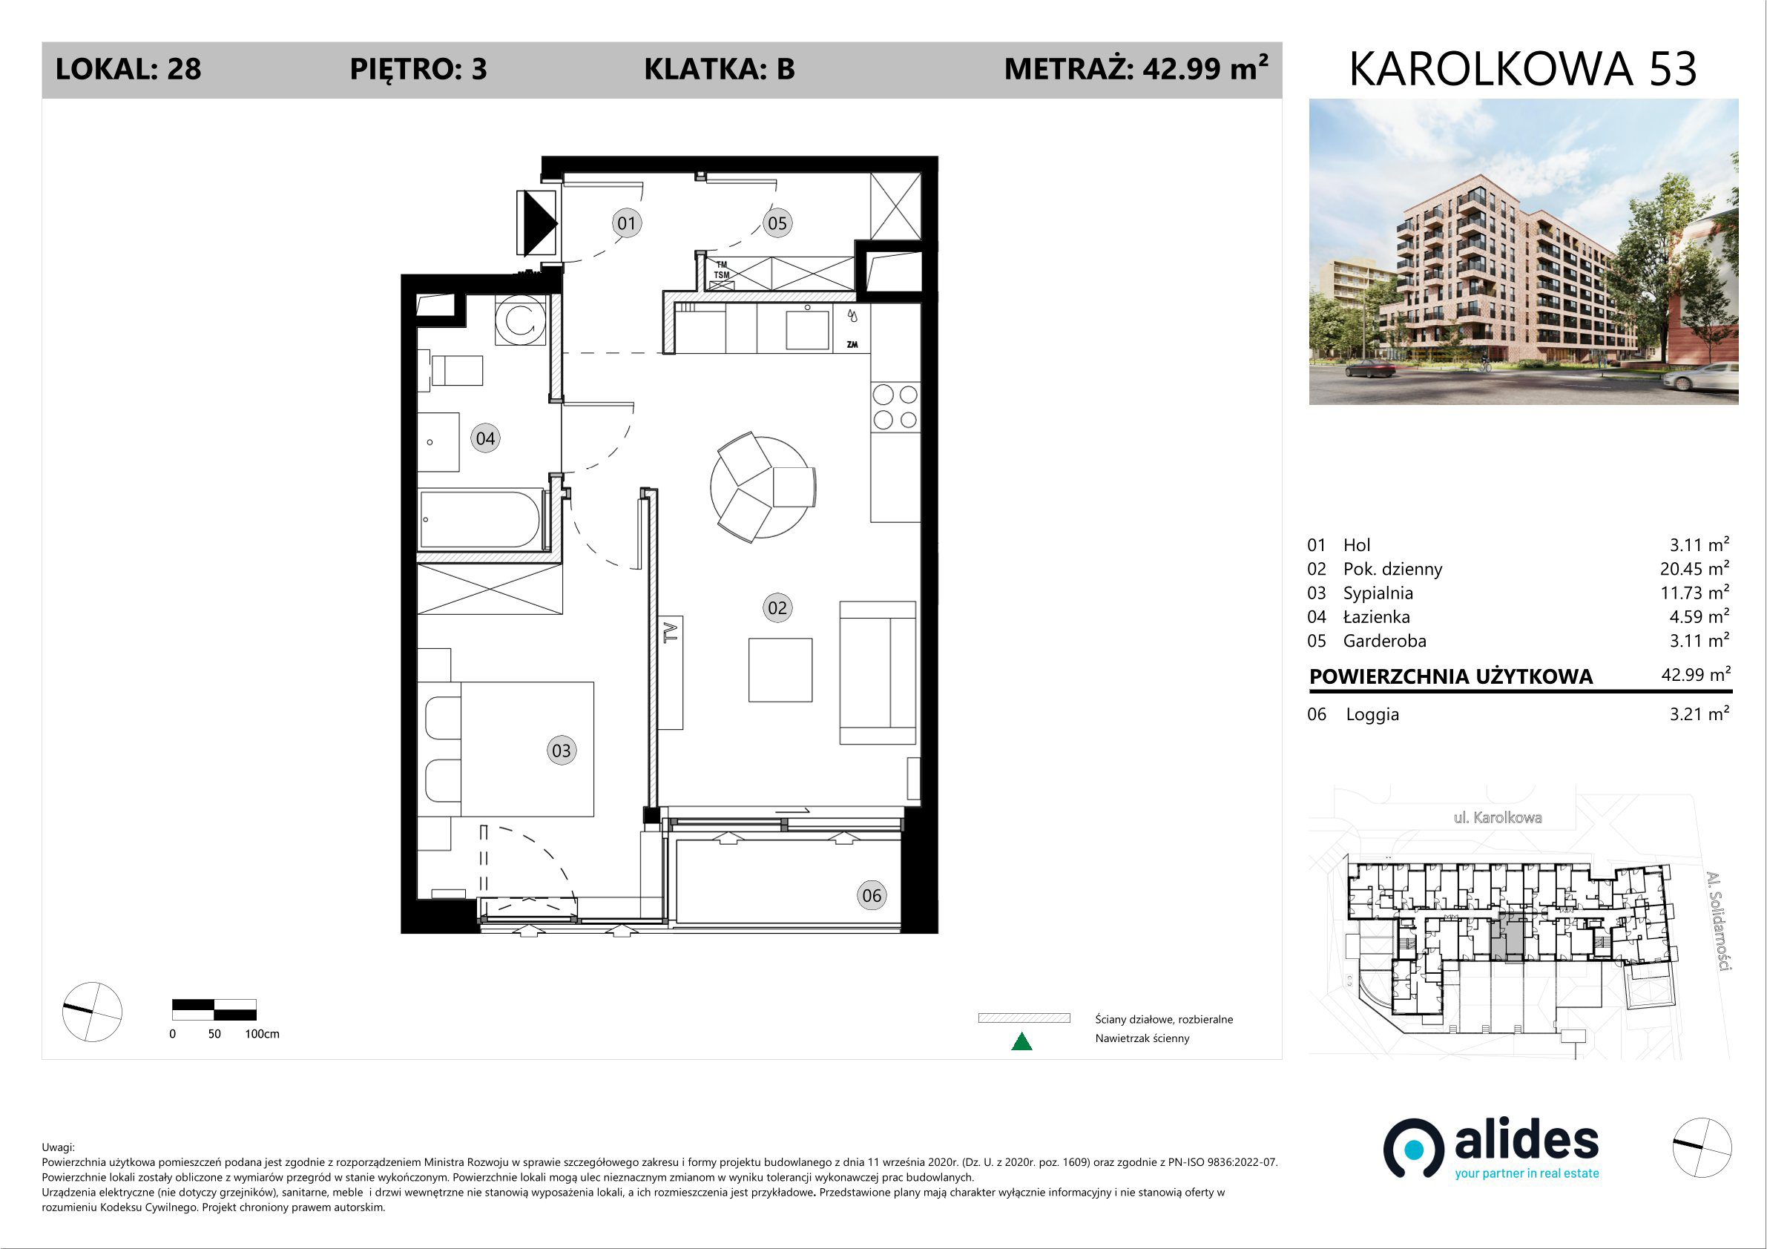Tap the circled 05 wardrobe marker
[777, 223]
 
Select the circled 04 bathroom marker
[485, 438]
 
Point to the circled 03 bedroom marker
[561, 751]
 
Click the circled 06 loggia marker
[871, 895]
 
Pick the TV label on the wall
[671, 632]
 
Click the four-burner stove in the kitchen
[896, 407]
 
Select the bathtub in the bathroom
[480, 519]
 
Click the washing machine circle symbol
[520, 321]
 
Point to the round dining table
[762, 487]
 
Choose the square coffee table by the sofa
[780, 670]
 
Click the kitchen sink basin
[807, 330]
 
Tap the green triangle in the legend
[1021, 1042]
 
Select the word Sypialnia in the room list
[1378, 593]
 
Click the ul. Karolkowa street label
[1498, 817]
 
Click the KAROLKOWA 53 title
[1523, 69]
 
